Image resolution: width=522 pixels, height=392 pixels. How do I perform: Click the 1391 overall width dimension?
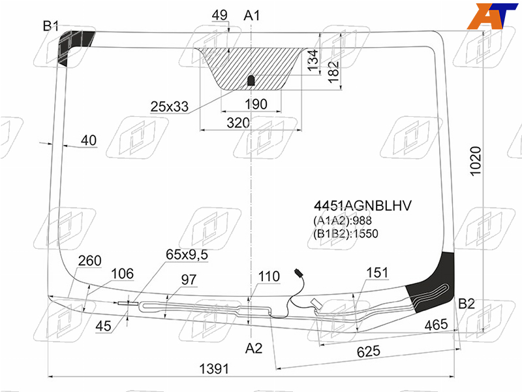coord(214,369)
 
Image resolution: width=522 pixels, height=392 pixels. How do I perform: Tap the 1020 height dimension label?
coord(476,161)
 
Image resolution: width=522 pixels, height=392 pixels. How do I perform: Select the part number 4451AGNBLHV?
coord(363,206)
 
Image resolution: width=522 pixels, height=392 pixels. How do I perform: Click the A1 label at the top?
coord(251,15)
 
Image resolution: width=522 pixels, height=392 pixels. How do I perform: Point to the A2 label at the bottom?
coord(254,348)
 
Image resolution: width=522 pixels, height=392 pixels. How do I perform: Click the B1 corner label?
coord(51,25)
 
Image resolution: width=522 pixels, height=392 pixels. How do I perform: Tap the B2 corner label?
coord(467,304)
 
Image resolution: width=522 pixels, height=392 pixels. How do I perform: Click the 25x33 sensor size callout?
coord(170,106)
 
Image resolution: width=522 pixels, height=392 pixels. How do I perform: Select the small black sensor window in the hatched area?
coord(251,80)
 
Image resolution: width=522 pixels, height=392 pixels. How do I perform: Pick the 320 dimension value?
coord(238,123)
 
